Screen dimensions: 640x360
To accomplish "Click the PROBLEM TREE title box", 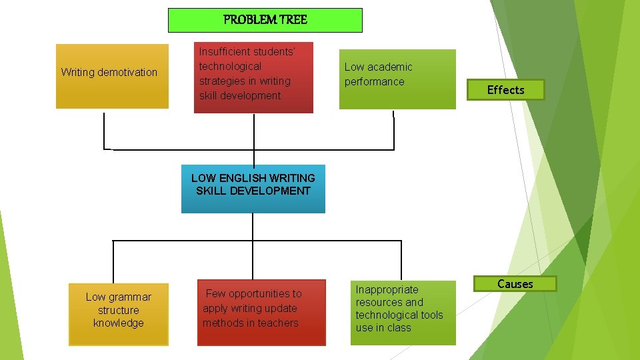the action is pyautogui.click(x=265, y=20).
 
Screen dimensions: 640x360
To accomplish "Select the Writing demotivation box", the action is pyautogui.click(x=112, y=76).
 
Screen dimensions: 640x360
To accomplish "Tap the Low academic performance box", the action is pyautogui.click(x=397, y=79).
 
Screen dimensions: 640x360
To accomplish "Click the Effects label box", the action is pyautogui.click(x=506, y=90).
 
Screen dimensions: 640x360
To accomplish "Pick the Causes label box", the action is pyautogui.click(x=515, y=284).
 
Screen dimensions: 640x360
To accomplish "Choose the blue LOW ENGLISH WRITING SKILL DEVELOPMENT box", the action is pyautogui.click(x=253, y=189).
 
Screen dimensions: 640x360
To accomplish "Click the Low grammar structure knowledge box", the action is pyautogui.click(x=119, y=315).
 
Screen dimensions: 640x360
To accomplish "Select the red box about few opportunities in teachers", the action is pyautogui.click(x=261, y=312).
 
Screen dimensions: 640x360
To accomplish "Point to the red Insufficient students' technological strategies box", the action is pyautogui.click(x=253, y=77).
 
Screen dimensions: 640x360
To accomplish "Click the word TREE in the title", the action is pyautogui.click(x=293, y=20).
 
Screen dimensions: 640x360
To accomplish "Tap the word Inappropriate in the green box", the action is pyautogui.click(x=387, y=290).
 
